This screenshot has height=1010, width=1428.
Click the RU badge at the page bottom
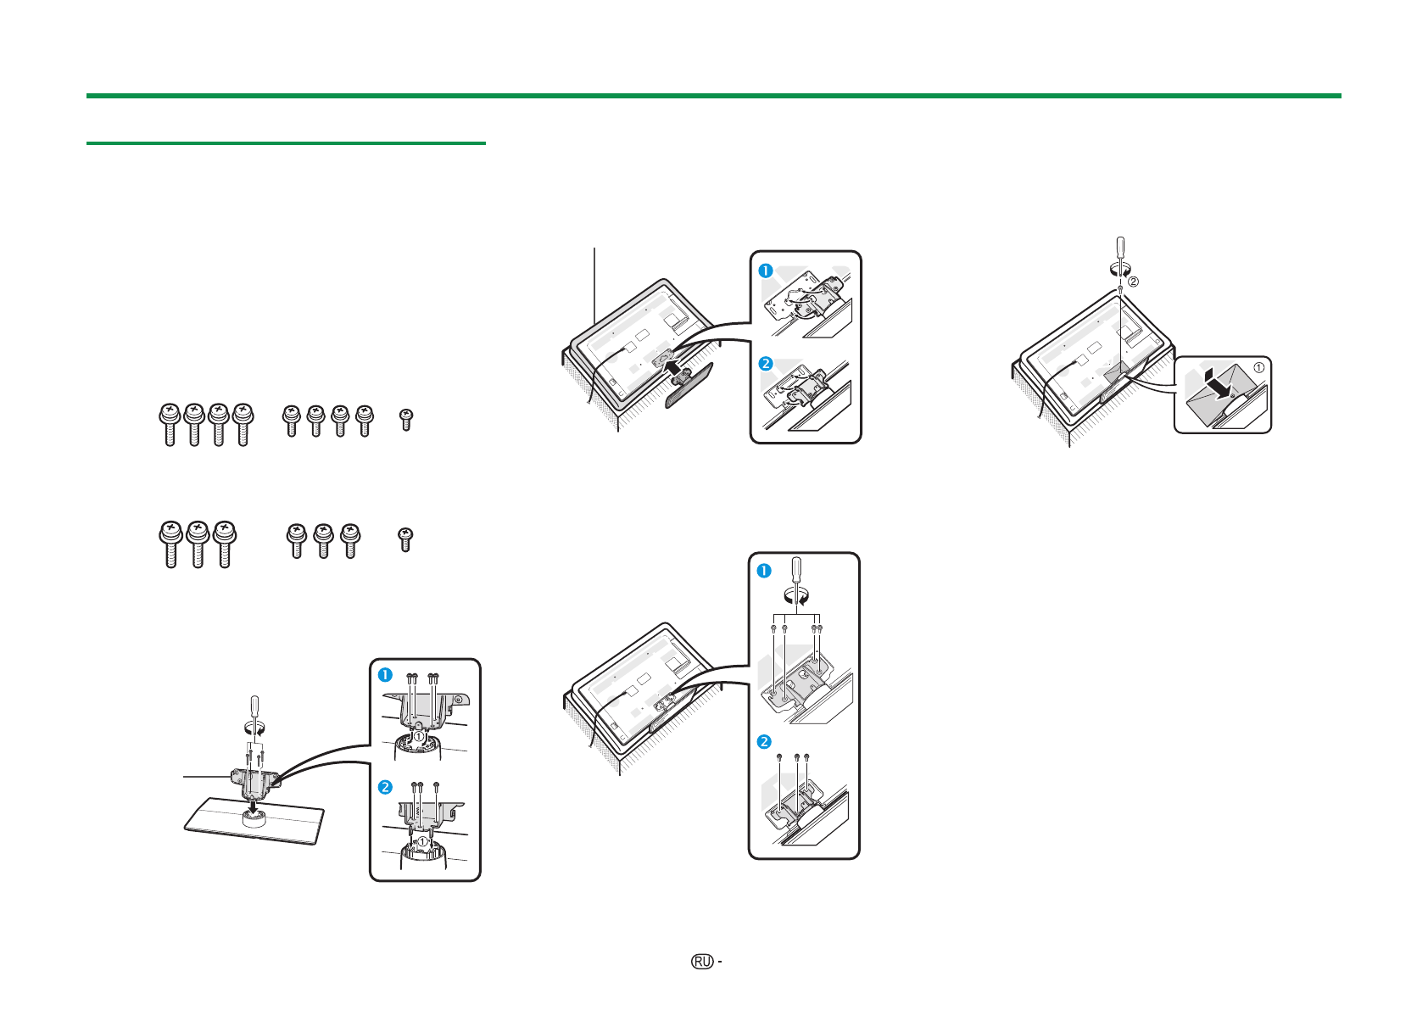point(702,962)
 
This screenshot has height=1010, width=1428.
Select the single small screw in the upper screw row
point(406,420)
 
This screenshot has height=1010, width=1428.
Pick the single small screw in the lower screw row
point(405,539)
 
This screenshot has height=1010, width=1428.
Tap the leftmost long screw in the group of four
point(170,425)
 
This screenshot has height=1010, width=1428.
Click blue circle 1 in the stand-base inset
point(385,675)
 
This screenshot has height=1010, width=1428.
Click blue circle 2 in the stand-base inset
point(385,788)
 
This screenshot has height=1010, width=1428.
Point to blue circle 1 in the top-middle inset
point(766,271)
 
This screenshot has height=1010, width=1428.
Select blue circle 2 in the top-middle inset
point(766,364)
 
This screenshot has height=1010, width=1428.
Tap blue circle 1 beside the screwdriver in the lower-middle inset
point(764,571)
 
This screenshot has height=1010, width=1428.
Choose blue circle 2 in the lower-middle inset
point(764,741)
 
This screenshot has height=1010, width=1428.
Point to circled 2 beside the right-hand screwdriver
point(1133,282)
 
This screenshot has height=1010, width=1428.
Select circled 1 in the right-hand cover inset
point(1259,368)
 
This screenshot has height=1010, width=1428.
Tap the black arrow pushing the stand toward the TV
point(675,366)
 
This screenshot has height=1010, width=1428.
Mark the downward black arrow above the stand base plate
point(254,808)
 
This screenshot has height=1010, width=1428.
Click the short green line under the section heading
point(286,143)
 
